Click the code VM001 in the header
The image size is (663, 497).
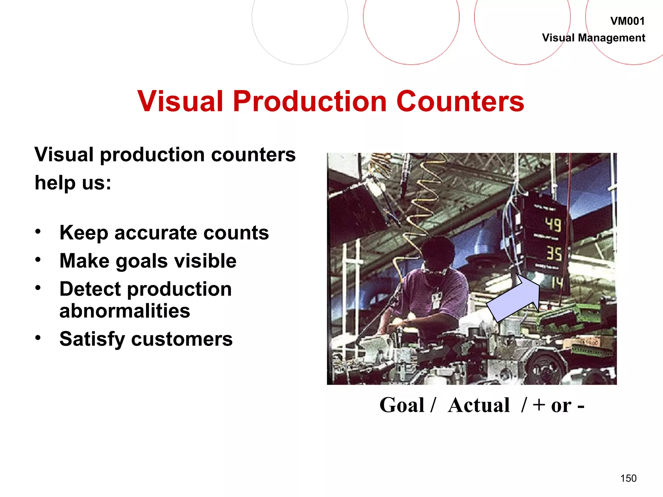tap(627, 21)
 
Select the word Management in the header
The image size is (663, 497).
tap(612, 38)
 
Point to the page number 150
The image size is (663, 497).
tap(628, 478)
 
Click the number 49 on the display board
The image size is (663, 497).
tap(553, 225)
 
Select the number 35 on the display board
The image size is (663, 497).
tap(554, 253)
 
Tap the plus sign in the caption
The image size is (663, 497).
tap(539, 405)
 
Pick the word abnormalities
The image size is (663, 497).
tap(125, 311)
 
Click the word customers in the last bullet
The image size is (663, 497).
tap(182, 339)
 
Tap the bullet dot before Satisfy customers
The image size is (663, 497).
tap(38, 338)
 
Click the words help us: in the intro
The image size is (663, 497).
tap(73, 183)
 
